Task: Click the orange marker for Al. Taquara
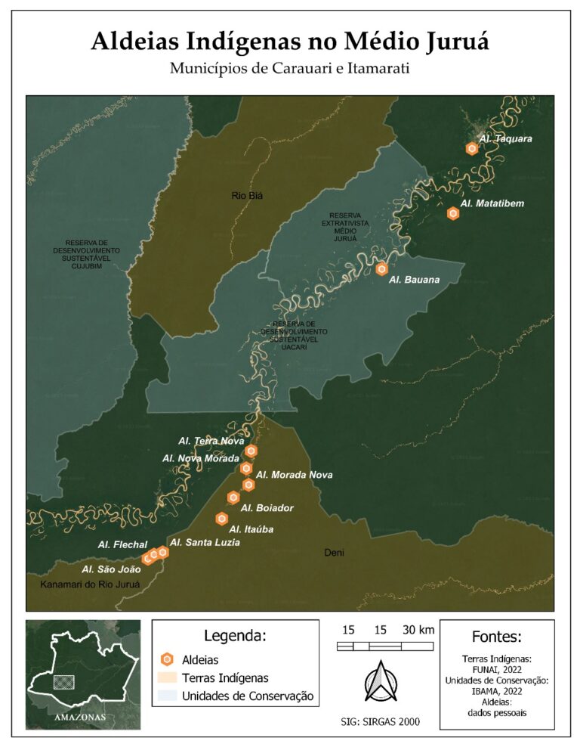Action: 472,149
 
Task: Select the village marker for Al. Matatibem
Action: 453,214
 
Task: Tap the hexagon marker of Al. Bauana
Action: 382,269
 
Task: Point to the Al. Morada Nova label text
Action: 294,476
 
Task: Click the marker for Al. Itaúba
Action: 222,519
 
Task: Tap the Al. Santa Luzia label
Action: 205,543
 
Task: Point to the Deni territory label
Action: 334,553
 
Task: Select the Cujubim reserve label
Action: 86,254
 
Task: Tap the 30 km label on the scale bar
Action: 418,631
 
